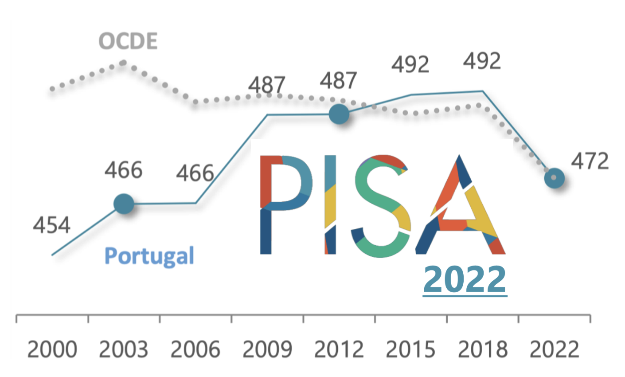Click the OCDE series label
point(128,42)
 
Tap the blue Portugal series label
point(149,256)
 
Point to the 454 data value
point(52,225)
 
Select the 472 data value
point(590,162)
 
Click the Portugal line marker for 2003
point(124,204)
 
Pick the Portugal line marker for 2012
point(339,114)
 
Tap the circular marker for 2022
point(554,178)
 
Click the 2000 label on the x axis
point(52,350)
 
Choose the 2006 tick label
point(195,350)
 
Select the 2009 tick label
point(267,350)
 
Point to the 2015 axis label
point(411,350)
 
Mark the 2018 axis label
point(483,350)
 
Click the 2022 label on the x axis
point(555,350)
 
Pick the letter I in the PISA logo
point(330,204)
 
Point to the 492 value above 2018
point(482,61)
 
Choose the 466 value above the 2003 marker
point(124,170)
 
